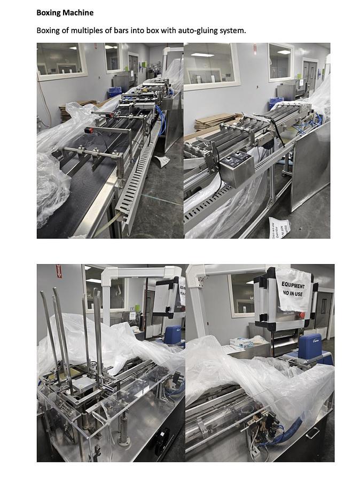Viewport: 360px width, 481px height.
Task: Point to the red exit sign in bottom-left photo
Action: [59, 271]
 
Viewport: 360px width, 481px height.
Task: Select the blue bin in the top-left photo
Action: [115, 92]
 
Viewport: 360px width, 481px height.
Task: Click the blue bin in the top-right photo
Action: [276, 102]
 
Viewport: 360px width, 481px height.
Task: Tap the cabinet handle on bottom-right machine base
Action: [312, 432]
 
